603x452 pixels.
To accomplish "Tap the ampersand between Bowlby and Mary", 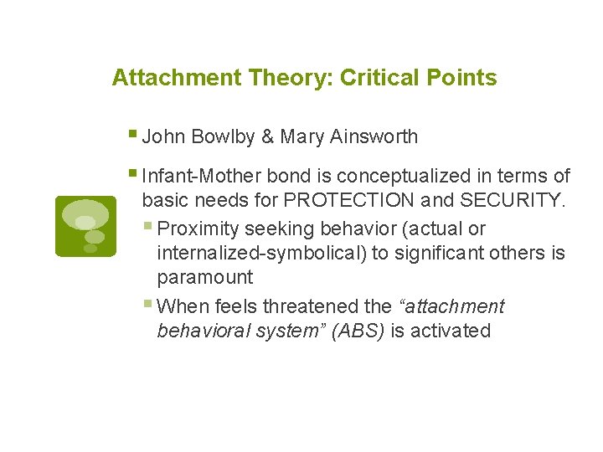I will [268, 136].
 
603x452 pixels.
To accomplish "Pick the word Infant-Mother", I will [203, 177].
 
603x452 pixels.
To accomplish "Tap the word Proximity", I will [198, 229].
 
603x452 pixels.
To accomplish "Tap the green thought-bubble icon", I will [85, 226].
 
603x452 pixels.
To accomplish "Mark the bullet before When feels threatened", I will [149, 304].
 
